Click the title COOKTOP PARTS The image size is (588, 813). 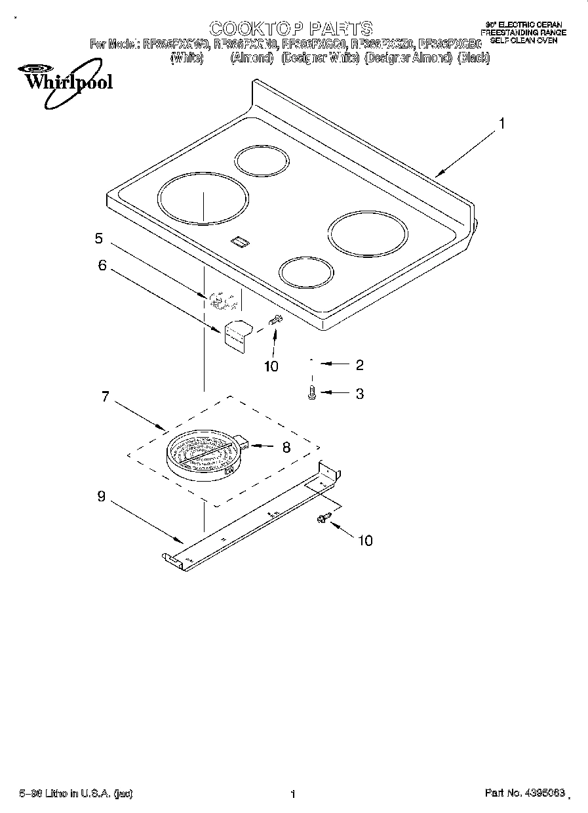click(290, 28)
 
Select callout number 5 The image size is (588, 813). click(98, 238)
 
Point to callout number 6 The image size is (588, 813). click(102, 265)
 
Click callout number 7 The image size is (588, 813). click(105, 397)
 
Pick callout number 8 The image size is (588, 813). click(285, 448)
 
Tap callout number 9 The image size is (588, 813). click(101, 497)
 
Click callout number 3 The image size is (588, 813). click(359, 394)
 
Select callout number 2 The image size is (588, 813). click(359, 365)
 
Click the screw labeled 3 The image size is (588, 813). click(311, 392)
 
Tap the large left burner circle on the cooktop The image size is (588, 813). click(203, 198)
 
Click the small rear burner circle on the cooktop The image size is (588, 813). click(262, 161)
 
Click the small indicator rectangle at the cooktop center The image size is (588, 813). click(240, 242)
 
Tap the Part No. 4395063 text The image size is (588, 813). click(524, 794)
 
